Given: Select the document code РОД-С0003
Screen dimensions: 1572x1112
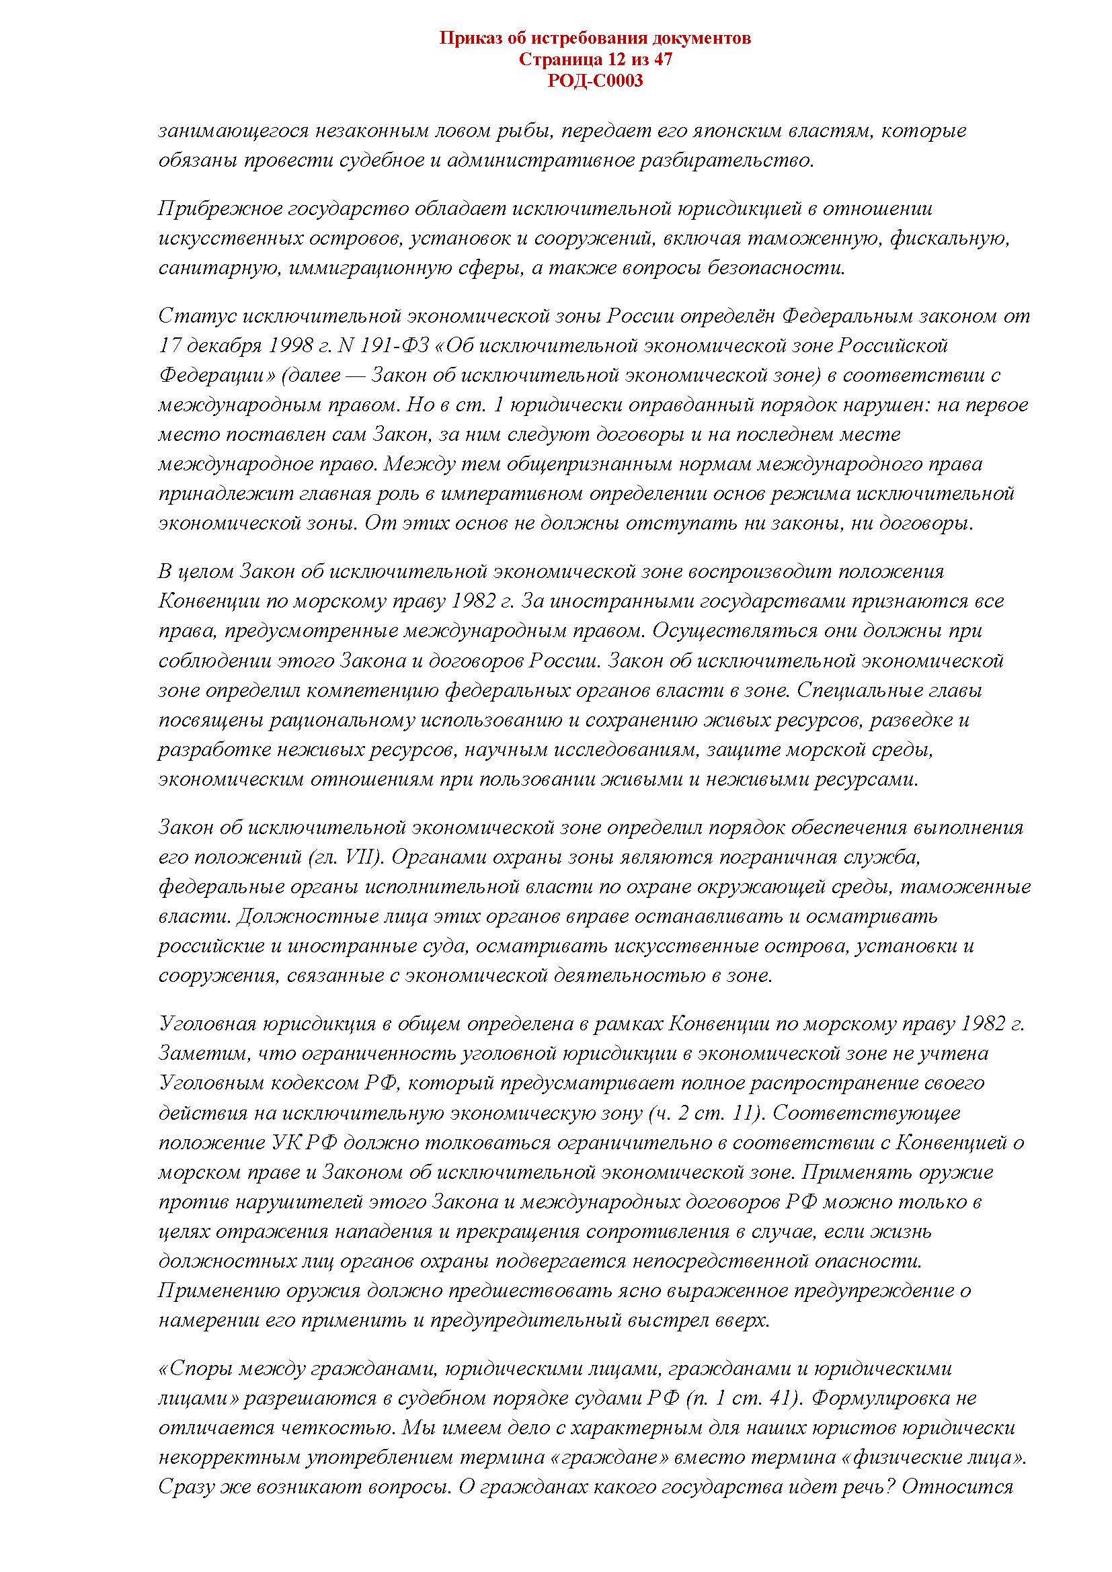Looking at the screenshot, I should [595, 81].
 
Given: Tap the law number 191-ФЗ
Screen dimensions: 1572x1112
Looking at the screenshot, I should [391, 345].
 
